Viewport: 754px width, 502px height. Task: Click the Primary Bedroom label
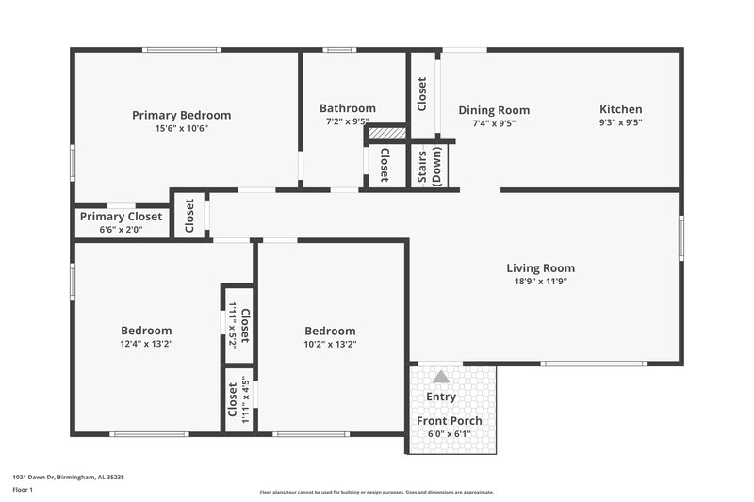[x=181, y=115]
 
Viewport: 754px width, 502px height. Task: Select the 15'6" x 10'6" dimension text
[x=181, y=128]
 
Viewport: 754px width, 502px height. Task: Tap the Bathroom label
[x=347, y=108]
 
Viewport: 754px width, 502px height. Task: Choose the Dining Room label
[x=494, y=110]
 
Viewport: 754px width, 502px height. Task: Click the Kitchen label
[x=620, y=109]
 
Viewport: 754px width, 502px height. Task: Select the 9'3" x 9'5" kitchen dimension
[x=620, y=122]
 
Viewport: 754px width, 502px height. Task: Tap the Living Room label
[x=540, y=267]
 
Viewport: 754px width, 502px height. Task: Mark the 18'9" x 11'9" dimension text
[x=540, y=281]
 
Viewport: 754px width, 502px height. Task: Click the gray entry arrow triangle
[x=440, y=377]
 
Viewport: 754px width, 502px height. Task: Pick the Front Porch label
[x=450, y=421]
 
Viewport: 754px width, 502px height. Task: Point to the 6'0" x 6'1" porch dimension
[x=450, y=433]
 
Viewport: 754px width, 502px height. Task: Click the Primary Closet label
[x=121, y=217]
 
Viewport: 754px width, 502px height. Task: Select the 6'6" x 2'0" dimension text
[x=121, y=229]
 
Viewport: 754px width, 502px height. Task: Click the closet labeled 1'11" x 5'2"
[x=238, y=325]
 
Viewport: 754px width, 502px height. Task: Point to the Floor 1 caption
[x=23, y=491]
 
